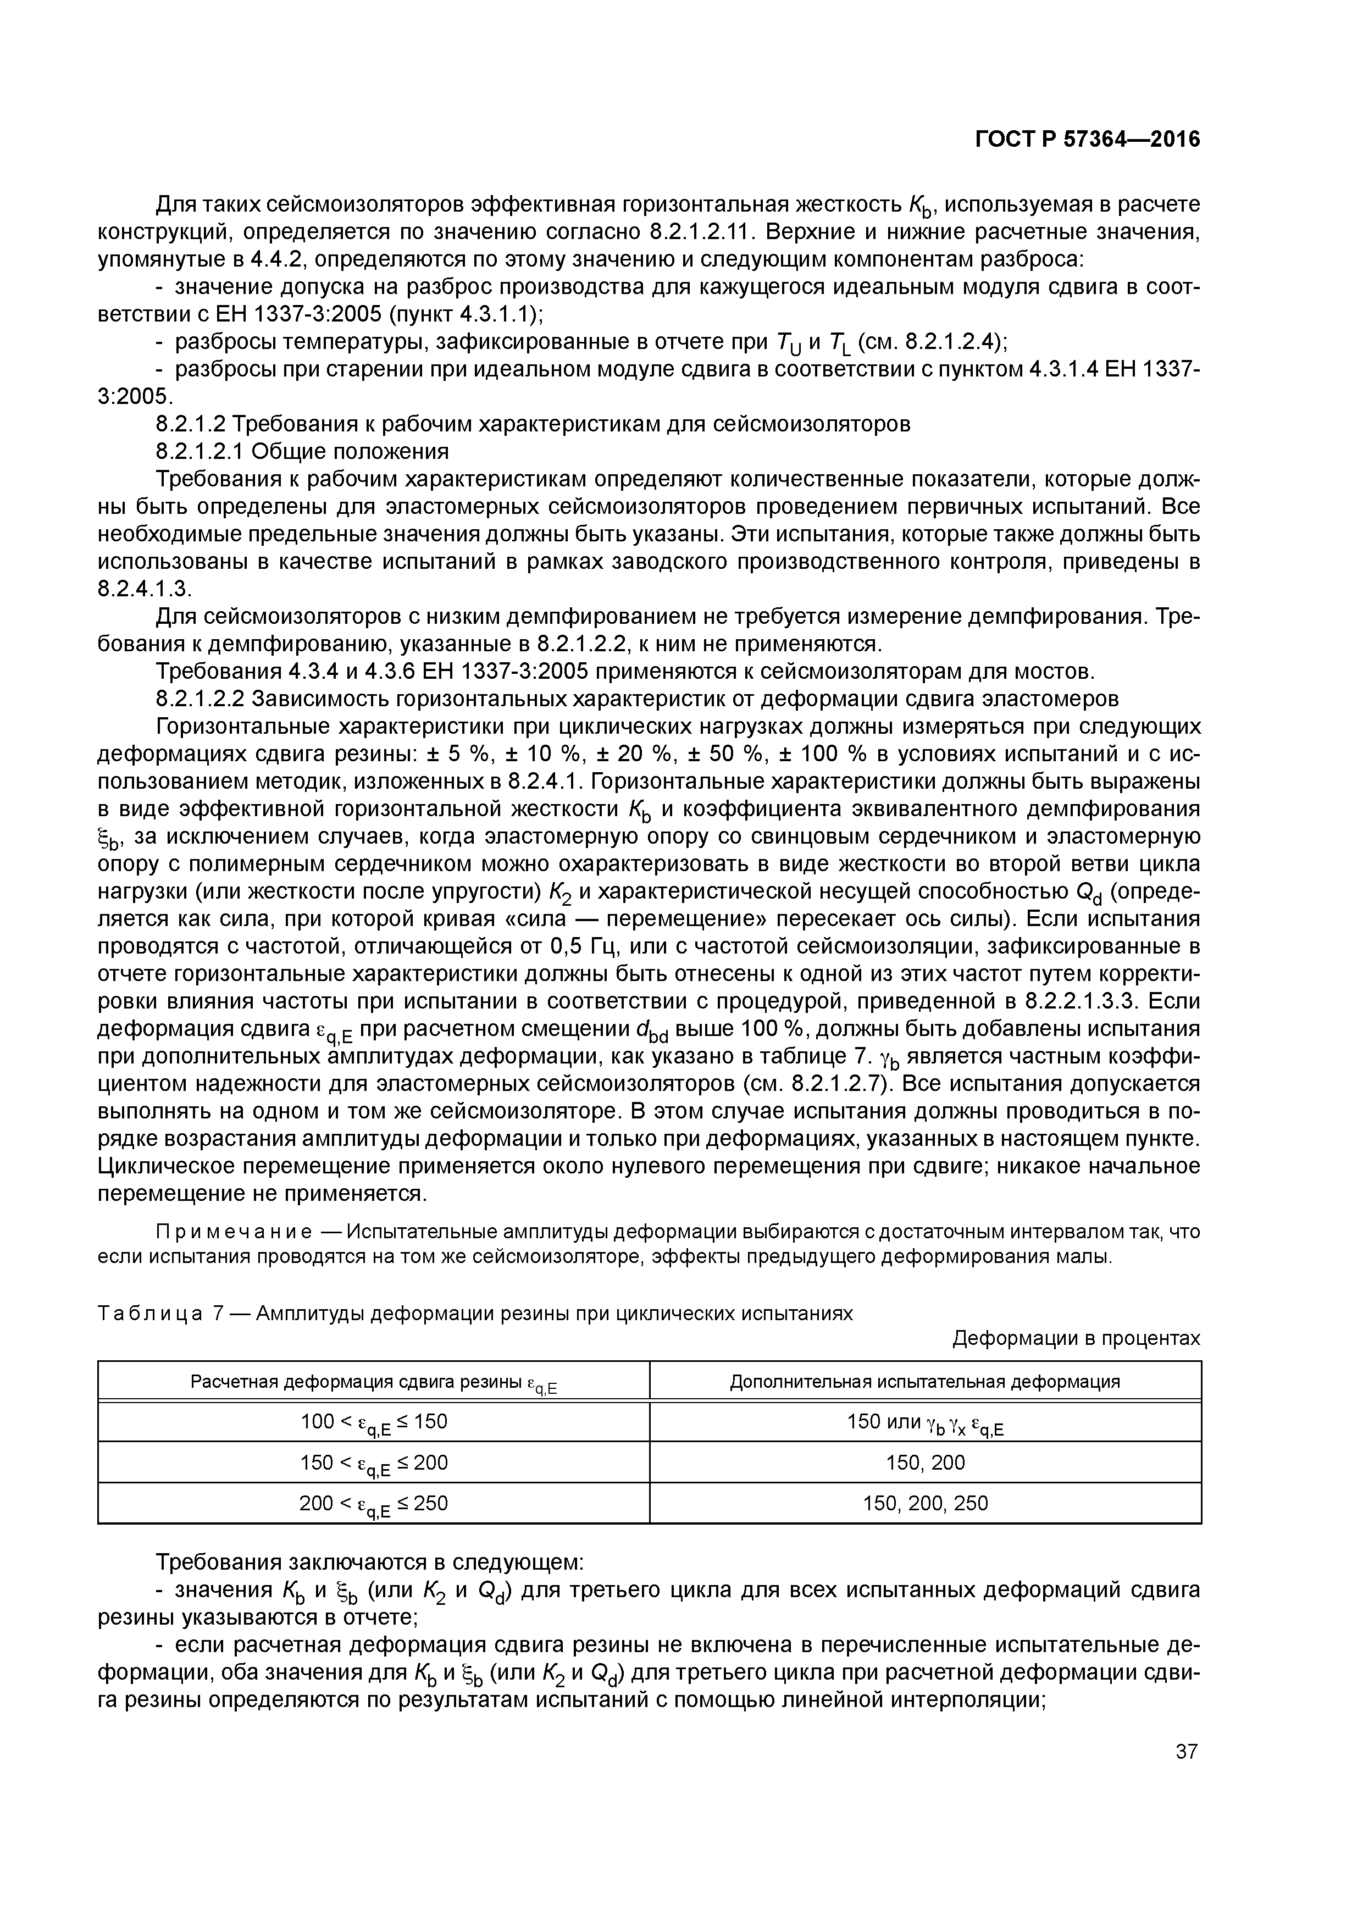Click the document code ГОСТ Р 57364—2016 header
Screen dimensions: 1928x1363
(1087, 140)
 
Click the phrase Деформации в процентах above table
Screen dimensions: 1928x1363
(1076, 1338)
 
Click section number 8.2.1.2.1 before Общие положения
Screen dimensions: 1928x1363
(199, 452)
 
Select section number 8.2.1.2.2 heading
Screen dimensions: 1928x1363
(199, 699)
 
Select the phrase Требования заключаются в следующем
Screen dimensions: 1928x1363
(369, 1563)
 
